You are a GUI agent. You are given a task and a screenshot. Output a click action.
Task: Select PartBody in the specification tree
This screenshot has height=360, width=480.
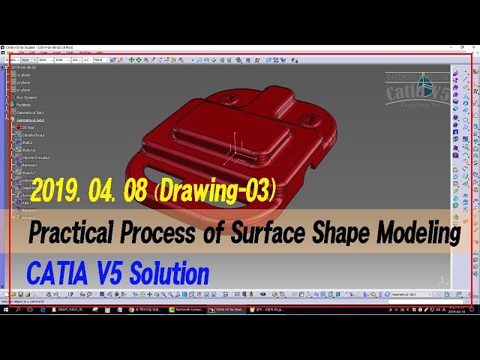coord(23,105)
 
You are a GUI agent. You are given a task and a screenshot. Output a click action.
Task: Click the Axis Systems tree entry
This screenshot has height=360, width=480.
coord(26,97)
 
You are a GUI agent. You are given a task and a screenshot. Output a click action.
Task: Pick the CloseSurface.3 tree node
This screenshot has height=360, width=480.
coord(33,135)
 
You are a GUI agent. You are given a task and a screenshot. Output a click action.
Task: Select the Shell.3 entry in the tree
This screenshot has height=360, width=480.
coord(28,142)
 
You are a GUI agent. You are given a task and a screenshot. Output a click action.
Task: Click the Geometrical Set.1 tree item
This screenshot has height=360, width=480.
coord(30,112)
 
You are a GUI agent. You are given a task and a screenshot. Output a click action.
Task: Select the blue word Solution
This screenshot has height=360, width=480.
coord(169,274)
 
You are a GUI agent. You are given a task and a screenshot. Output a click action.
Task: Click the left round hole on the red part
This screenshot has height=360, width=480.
coord(230,98)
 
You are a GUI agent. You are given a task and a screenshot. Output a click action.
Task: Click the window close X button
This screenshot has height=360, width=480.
coord(472,46)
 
